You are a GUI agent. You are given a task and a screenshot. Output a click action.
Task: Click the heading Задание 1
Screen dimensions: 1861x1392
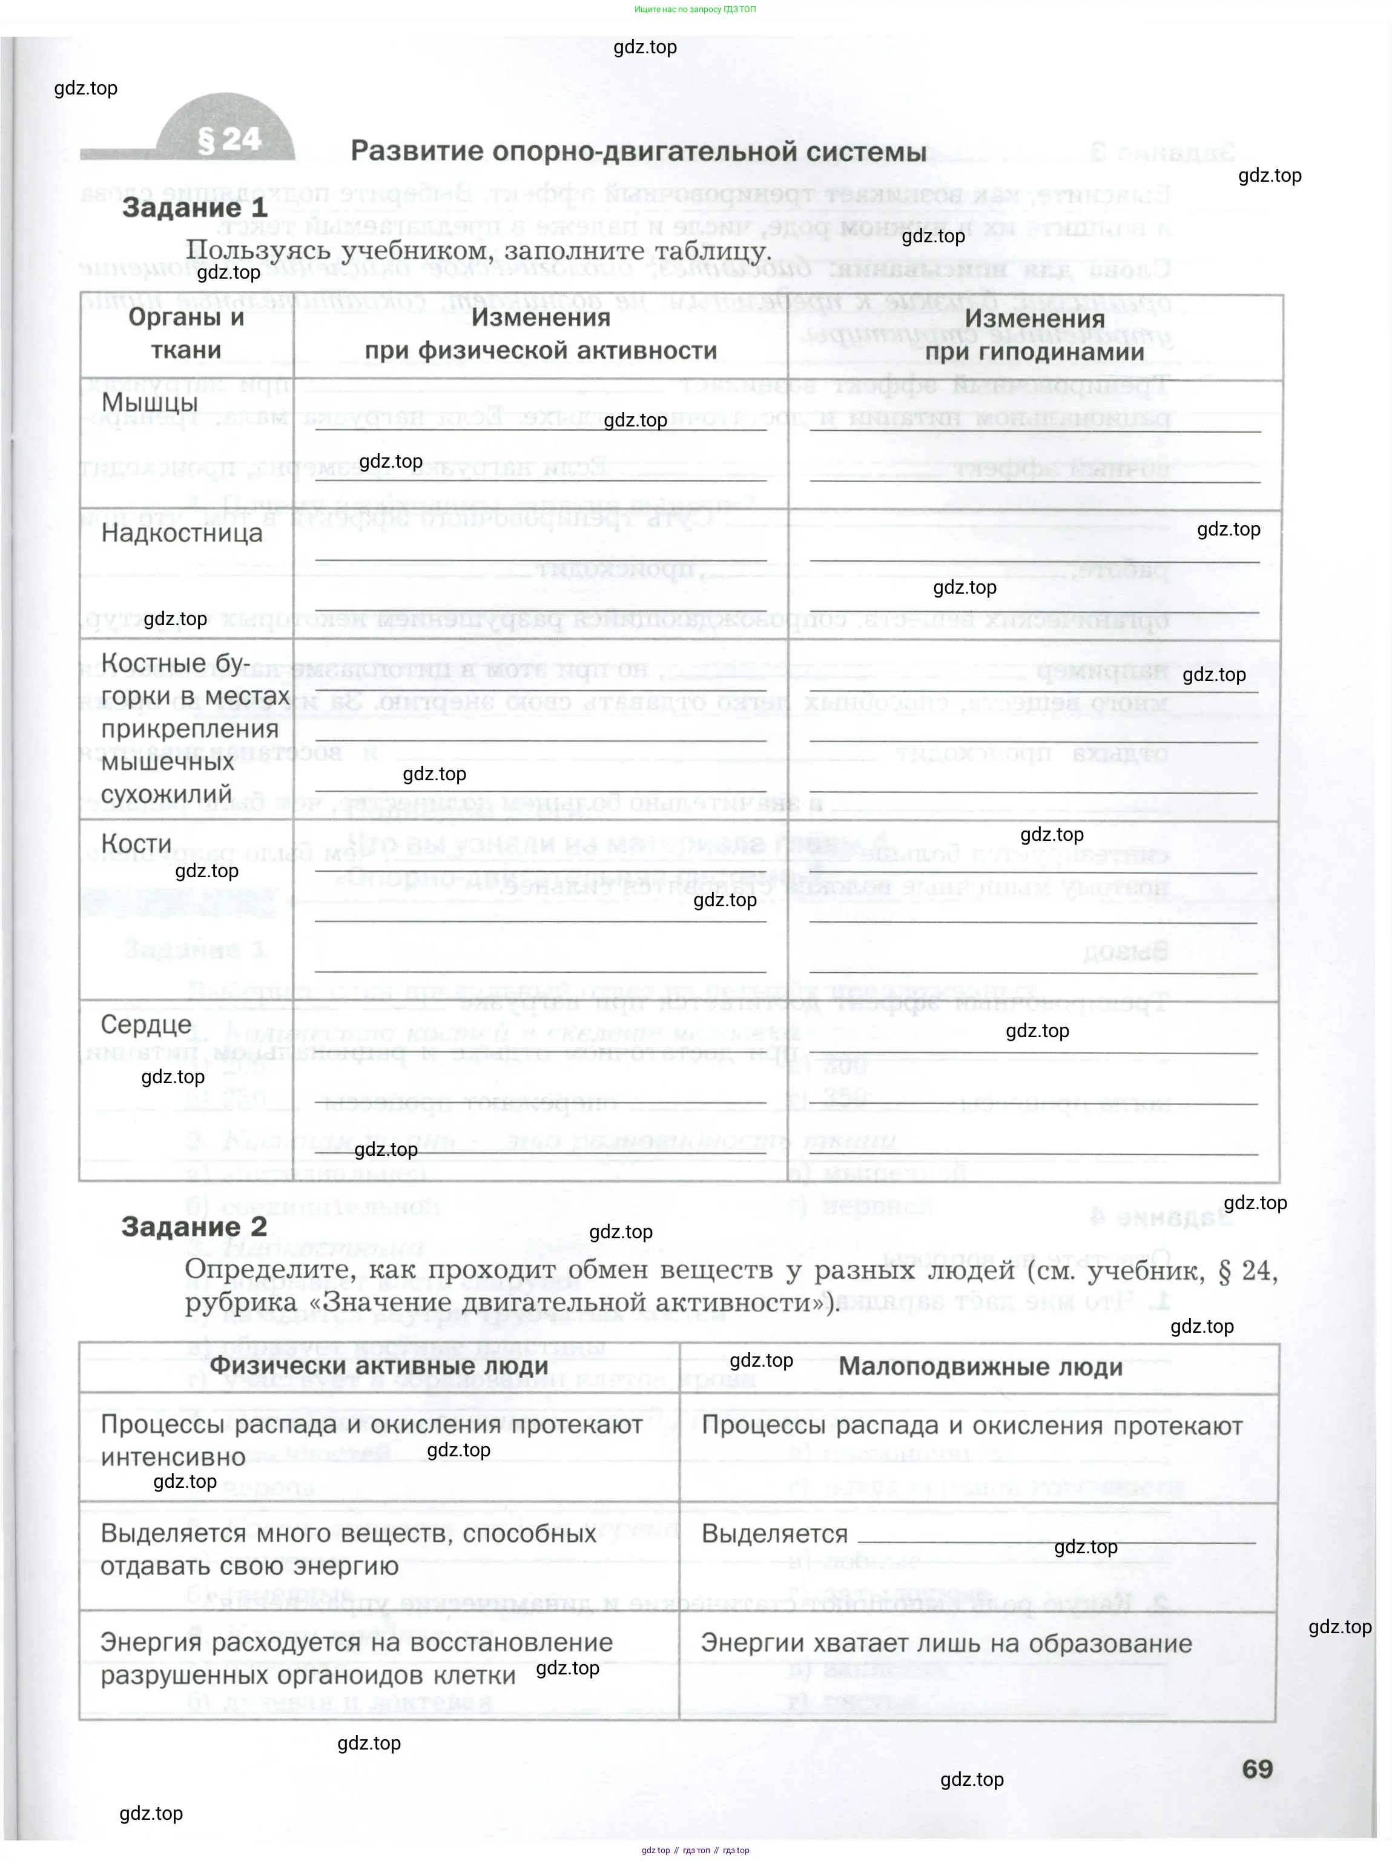[x=194, y=207]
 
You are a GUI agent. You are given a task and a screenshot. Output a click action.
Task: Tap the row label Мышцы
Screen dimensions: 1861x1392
[x=150, y=403]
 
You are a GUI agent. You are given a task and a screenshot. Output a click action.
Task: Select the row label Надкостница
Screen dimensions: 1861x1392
[x=182, y=532]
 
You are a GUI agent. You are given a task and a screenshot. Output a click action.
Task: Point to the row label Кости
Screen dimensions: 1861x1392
[x=136, y=843]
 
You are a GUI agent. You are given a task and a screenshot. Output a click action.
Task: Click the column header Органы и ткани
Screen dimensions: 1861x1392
[x=186, y=333]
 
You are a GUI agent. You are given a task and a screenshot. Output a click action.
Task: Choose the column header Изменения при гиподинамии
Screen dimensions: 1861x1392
[x=1035, y=335]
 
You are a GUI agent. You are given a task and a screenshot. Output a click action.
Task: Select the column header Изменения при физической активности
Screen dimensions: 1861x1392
[x=541, y=333]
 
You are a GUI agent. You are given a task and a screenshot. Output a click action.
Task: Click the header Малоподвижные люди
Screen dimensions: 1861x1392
[x=981, y=1366]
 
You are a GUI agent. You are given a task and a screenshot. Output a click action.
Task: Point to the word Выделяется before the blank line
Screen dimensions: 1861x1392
[x=774, y=1534]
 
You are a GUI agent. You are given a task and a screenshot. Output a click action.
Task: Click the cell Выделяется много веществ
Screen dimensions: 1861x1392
[x=348, y=1549]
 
